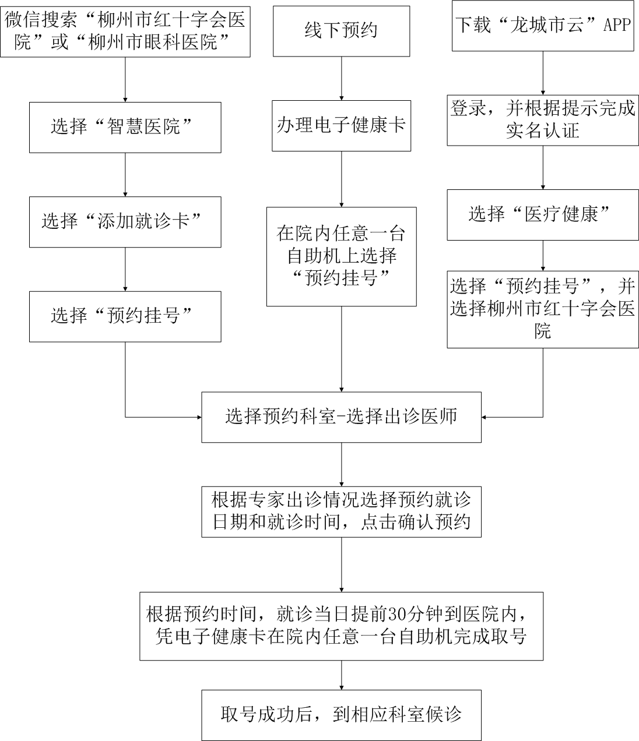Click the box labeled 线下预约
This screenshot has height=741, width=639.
click(x=341, y=31)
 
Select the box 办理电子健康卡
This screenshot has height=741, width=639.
click(x=341, y=126)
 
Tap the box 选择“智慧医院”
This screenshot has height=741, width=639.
click(x=125, y=128)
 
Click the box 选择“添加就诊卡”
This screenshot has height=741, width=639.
click(x=125, y=222)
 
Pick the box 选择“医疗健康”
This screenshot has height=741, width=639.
click(x=543, y=215)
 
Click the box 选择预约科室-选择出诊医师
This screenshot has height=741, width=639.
click(x=341, y=417)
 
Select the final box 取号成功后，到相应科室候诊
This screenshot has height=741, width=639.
click(x=341, y=715)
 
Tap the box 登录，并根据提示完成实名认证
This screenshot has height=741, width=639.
click(x=543, y=120)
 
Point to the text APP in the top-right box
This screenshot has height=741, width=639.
click(x=617, y=24)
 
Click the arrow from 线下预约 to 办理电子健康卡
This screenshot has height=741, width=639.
click(x=341, y=79)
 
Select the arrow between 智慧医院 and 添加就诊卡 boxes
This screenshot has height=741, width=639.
click(x=125, y=175)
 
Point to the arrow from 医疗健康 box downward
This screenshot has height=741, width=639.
click(x=543, y=256)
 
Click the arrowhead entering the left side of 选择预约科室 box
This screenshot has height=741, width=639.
click(x=199, y=417)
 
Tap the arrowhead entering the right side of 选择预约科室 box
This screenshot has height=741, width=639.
click(x=484, y=417)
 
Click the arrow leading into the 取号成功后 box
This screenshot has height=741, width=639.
click(x=341, y=675)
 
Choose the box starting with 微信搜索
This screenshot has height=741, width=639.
click(x=125, y=31)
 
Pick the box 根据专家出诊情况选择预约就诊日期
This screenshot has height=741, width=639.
click(x=341, y=512)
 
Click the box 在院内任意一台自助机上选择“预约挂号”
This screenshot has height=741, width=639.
click(x=341, y=257)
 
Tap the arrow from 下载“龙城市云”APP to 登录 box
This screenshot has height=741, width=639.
click(x=543, y=73)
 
